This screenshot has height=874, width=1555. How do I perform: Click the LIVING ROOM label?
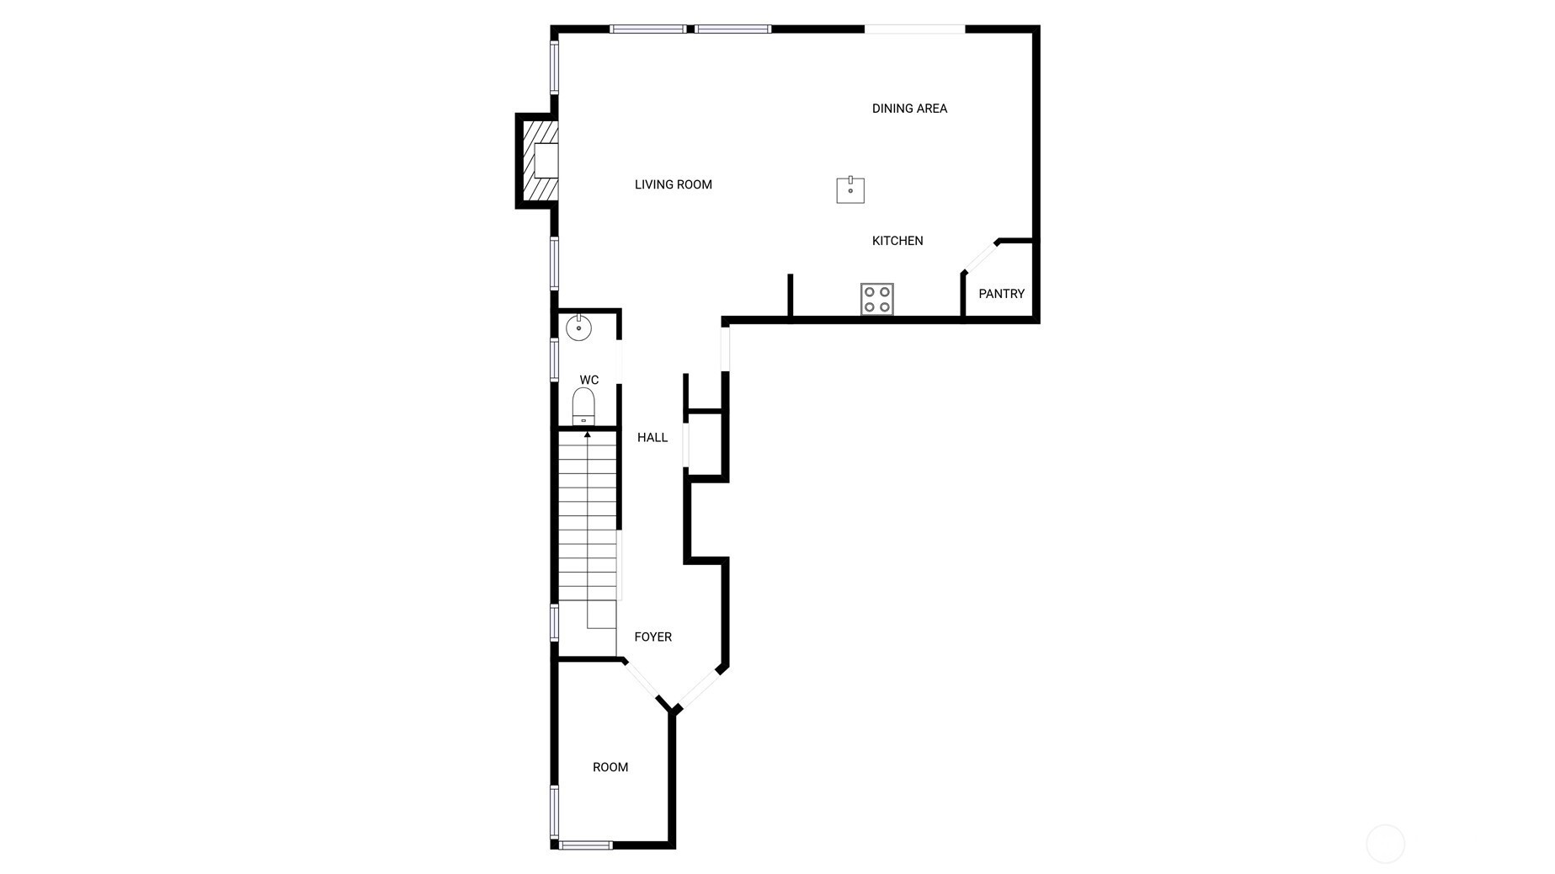click(x=674, y=184)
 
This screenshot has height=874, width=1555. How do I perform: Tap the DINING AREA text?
click(x=909, y=109)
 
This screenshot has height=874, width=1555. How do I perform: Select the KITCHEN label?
click(x=897, y=241)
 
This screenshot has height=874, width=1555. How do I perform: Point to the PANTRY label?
click(x=1001, y=294)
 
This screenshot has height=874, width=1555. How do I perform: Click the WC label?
click(x=589, y=381)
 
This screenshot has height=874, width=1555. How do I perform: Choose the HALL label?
click(x=652, y=438)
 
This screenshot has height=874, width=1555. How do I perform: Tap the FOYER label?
click(x=653, y=637)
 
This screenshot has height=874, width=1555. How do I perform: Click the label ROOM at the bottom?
click(x=610, y=767)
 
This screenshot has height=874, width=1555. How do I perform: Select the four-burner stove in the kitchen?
click(x=876, y=299)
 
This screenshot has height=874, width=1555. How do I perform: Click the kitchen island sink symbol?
click(x=850, y=189)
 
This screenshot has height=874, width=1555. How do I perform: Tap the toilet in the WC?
click(x=583, y=407)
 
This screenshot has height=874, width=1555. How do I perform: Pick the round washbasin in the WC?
click(x=578, y=327)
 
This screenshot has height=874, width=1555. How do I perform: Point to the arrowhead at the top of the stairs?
click(x=588, y=434)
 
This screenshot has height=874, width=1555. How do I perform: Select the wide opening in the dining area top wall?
click(x=914, y=29)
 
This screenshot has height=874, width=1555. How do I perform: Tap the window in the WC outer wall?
click(x=554, y=360)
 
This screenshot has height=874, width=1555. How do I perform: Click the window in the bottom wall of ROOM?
click(x=586, y=845)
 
